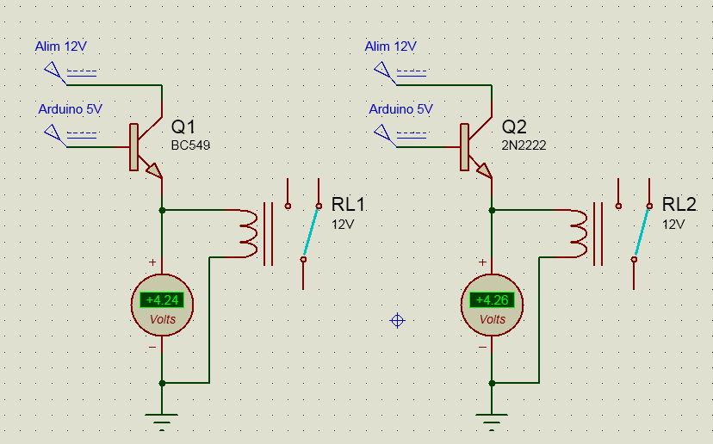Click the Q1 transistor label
coord(184,126)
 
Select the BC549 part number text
coord(190,145)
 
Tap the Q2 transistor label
coord(515,126)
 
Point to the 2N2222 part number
coord(524,145)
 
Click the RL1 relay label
coord(349,205)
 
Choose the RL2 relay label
coord(679,205)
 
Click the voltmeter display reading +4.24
coord(162,300)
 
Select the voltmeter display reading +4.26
coord(492,300)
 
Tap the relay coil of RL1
coord(248,233)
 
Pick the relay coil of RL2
coord(579,233)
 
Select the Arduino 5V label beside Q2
coord(400,109)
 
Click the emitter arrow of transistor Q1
coord(154,170)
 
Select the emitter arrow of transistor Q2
coord(484,170)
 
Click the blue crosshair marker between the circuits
coord(397,321)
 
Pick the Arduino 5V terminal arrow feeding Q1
coord(53,133)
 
